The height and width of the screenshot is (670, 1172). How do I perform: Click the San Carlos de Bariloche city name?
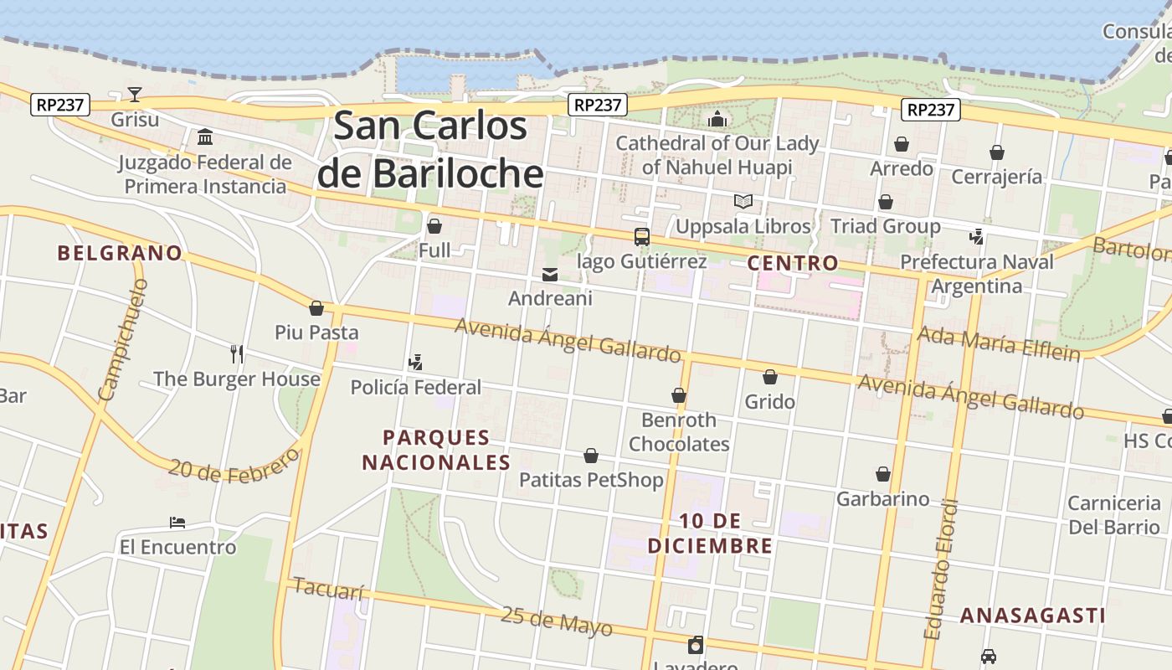click(x=430, y=150)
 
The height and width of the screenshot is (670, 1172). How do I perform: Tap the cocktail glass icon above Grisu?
click(x=135, y=94)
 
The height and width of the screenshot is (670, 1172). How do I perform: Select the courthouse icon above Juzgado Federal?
click(x=205, y=137)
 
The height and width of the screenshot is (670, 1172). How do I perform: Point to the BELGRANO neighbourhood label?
click(x=120, y=253)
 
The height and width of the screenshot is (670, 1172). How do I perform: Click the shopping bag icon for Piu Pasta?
click(x=316, y=308)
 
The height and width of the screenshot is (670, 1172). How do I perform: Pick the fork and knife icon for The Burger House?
click(x=237, y=354)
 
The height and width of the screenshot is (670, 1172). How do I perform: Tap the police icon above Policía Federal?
click(x=415, y=362)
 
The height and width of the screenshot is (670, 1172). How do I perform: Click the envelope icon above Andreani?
click(x=550, y=274)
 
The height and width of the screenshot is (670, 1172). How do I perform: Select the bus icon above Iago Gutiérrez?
click(x=642, y=237)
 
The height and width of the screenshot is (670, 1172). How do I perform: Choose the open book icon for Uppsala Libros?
click(x=743, y=201)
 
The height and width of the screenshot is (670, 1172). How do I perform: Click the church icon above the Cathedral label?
click(x=717, y=119)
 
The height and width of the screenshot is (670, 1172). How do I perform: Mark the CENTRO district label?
click(x=792, y=263)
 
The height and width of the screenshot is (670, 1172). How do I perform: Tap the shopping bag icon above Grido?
click(x=769, y=378)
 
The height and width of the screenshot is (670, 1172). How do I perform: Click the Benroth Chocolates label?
click(x=679, y=431)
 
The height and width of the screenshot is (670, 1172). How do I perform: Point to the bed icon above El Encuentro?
click(x=177, y=523)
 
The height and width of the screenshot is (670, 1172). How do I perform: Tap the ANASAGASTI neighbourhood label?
click(x=1032, y=616)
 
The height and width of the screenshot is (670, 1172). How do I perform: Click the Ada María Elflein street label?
click(x=999, y=343)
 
